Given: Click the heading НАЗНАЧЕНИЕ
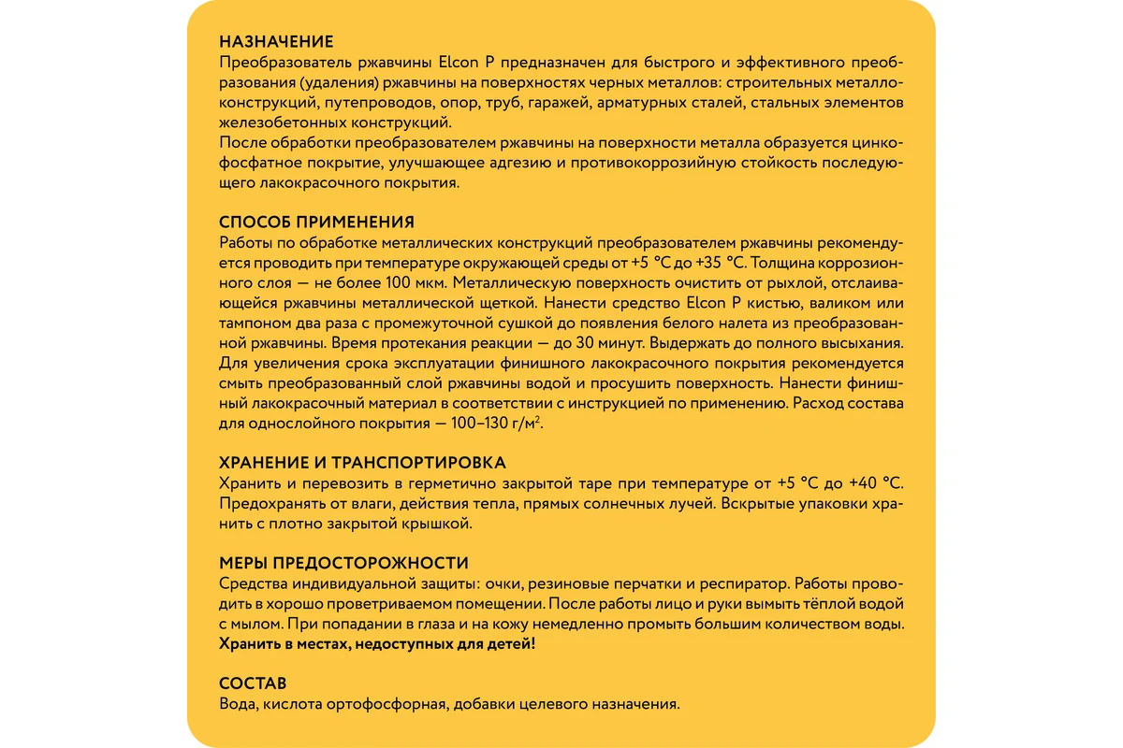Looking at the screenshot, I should tap(276, 42).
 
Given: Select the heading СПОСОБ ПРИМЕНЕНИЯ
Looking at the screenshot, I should tap(316, 222).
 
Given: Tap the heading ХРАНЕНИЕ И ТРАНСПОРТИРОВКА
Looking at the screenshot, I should tap(362, 463).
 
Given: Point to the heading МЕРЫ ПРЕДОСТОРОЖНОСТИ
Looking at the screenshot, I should tap(343, 563).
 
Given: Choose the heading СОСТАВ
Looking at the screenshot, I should tap(253, 683).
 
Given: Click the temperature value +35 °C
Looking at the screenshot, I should tap(721, 263).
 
